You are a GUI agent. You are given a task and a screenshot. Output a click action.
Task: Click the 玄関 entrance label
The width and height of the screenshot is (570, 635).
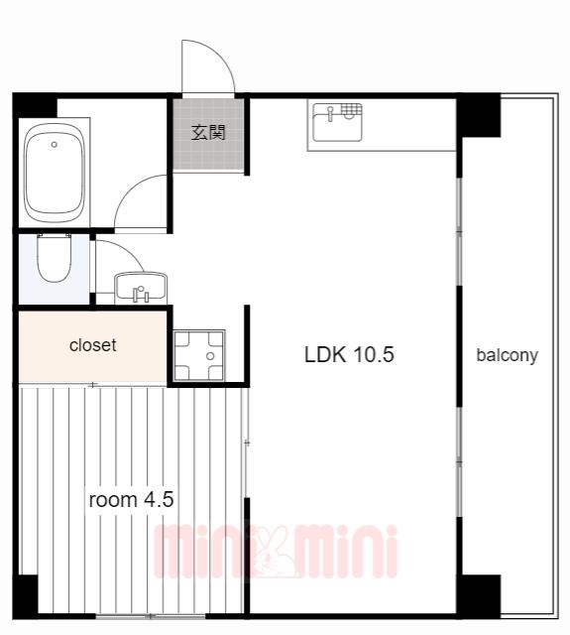208,132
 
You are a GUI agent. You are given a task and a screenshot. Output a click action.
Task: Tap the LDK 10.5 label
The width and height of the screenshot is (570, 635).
349,354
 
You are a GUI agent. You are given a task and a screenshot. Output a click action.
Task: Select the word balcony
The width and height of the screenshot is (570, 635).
507,355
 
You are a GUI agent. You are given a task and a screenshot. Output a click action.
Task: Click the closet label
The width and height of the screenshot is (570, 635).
92,345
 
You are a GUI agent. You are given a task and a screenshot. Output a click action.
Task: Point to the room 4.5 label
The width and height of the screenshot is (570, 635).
131,499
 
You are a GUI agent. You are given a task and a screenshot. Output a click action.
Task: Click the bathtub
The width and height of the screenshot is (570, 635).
55,173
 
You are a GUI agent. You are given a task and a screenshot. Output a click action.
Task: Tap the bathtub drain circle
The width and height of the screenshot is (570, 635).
55,144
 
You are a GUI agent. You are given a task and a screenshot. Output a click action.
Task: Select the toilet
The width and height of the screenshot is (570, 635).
54,258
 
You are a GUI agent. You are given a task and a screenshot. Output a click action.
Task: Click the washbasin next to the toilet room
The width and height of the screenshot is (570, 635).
141,288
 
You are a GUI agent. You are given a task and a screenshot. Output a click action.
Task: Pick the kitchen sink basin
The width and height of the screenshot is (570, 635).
337,123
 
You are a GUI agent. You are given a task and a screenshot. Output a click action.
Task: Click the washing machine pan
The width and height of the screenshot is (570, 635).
198,356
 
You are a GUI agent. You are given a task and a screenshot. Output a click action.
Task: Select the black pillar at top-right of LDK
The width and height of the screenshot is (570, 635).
479,115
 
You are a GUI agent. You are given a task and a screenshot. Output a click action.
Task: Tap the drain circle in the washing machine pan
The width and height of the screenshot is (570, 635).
210,356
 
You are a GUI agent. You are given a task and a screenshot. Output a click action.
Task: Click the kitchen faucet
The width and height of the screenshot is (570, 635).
330,114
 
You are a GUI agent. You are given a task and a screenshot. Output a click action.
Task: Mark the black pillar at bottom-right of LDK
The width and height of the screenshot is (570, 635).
480,596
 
